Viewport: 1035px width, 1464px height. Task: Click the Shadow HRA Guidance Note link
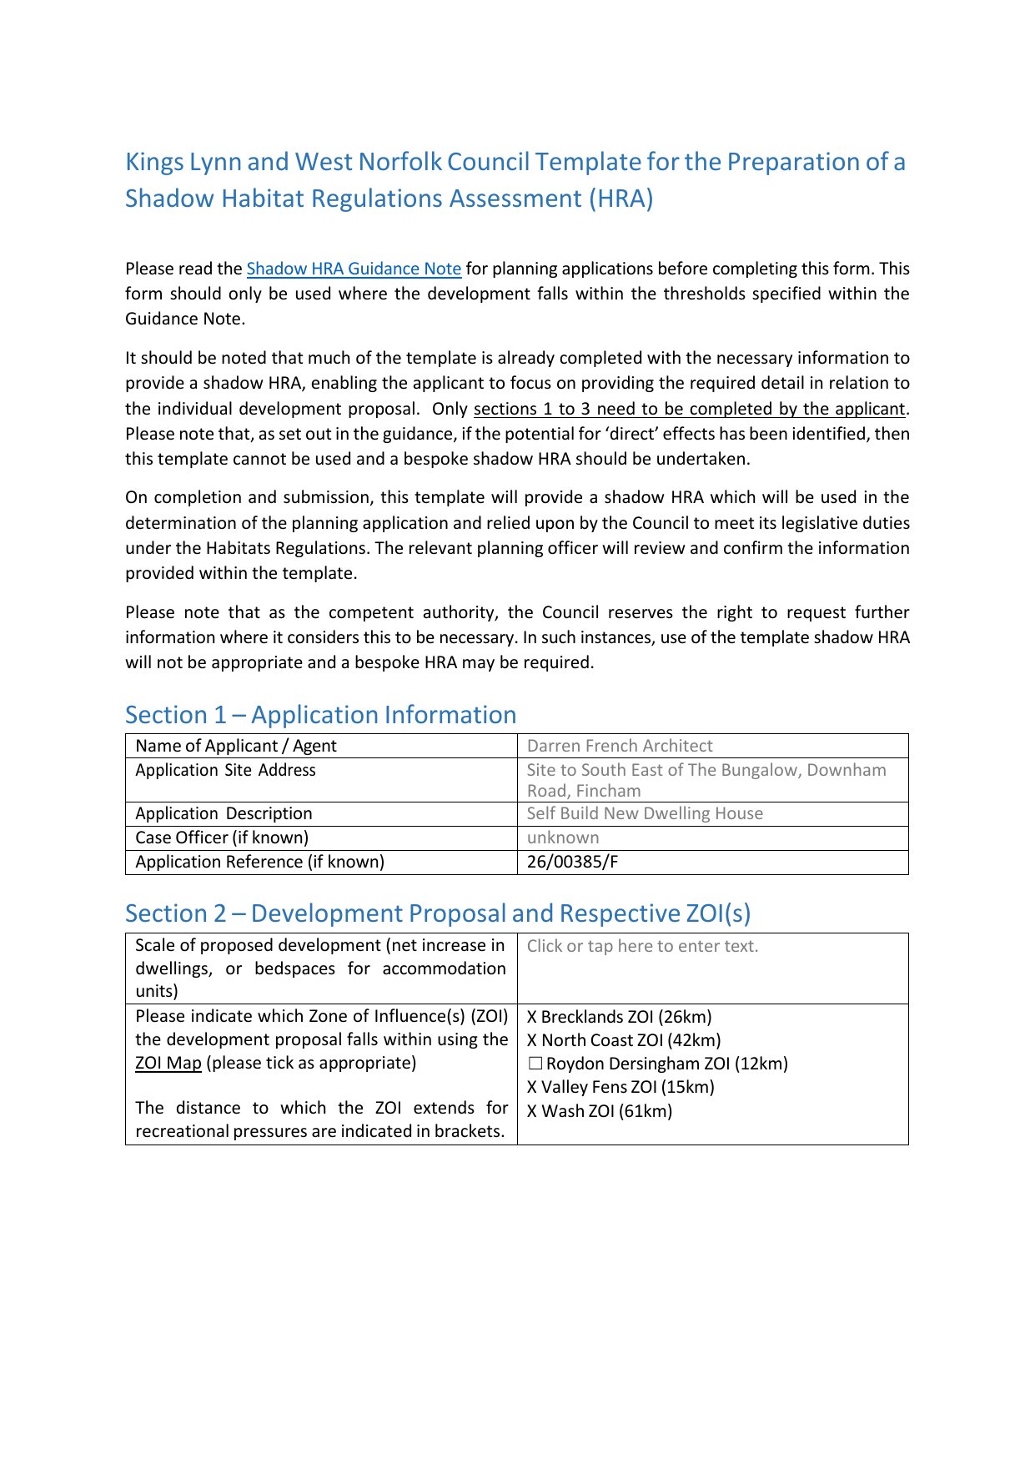(354, 269)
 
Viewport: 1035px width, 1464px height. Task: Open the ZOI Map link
(168, 1063)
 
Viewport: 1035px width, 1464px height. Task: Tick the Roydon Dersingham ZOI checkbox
(535, 1064)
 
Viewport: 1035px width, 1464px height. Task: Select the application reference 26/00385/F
(572, 862)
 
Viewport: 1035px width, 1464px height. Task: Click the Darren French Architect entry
(620, 746)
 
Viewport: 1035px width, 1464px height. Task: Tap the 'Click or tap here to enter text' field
(642, 946)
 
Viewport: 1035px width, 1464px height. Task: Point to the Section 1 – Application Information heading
(320, 715)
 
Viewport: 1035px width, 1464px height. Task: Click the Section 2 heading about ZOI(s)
(438, 913)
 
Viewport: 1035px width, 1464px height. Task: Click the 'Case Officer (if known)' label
(222, 838)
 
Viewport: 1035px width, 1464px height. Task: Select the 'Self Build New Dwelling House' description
(645, 813)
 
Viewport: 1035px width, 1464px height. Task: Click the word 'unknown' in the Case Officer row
(563, 838)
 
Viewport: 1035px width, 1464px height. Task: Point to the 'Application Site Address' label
(225, 770)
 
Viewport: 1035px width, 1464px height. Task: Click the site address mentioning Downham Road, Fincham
(706, 780)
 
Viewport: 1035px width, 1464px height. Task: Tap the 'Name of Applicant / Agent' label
(236, 746)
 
